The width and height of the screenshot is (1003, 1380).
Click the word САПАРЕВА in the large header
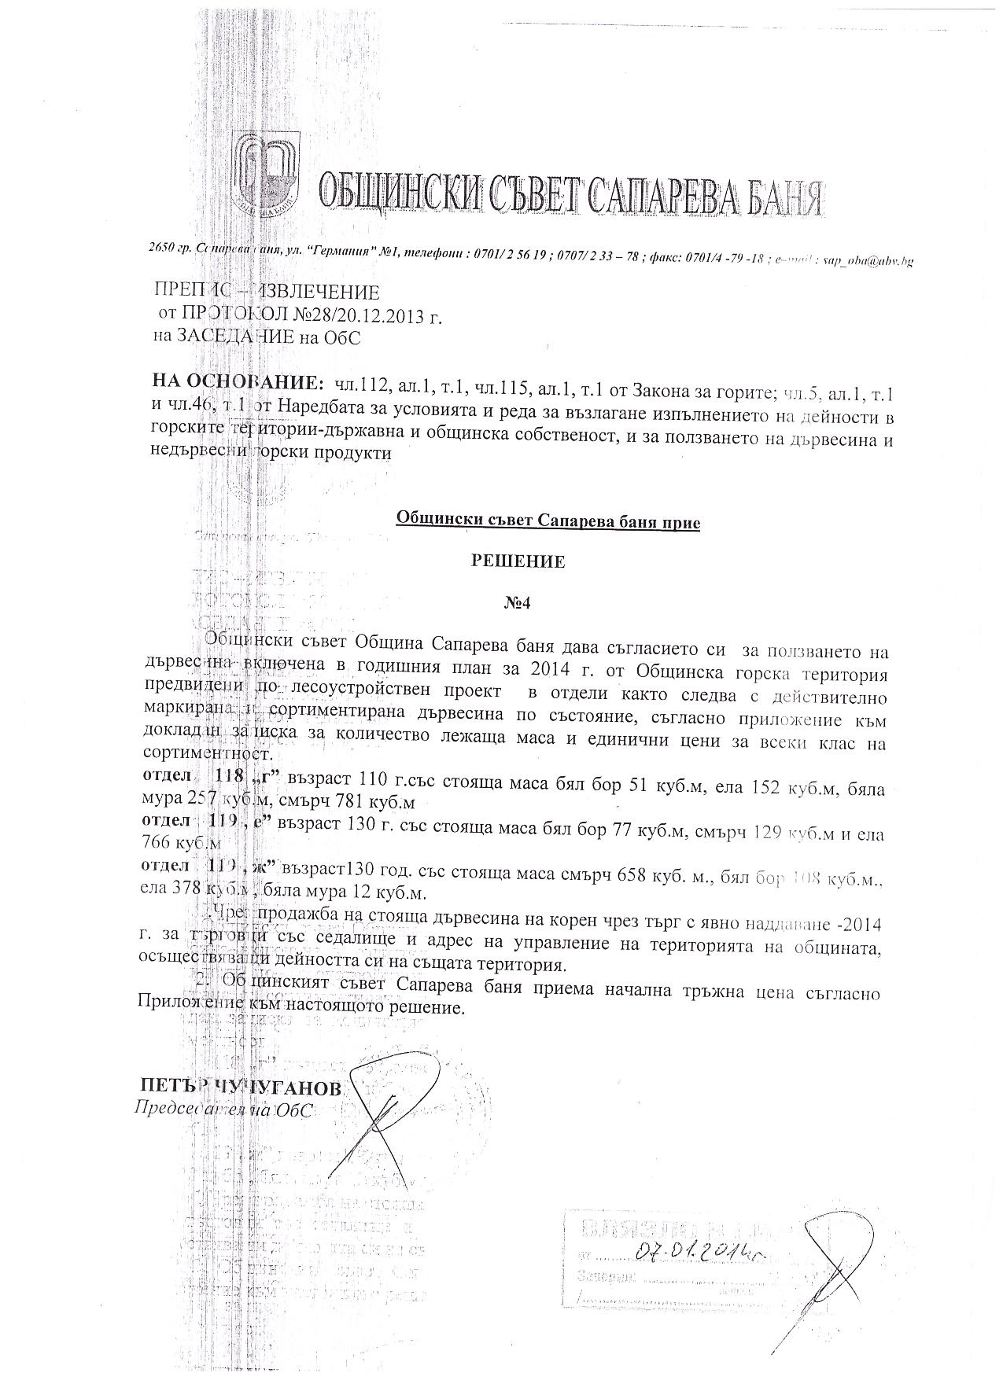point(657,192)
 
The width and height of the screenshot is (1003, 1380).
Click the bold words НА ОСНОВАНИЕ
point(237,383)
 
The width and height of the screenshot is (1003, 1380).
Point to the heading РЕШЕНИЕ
point(518,562)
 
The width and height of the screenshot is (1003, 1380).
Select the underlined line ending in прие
point(548,520)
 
